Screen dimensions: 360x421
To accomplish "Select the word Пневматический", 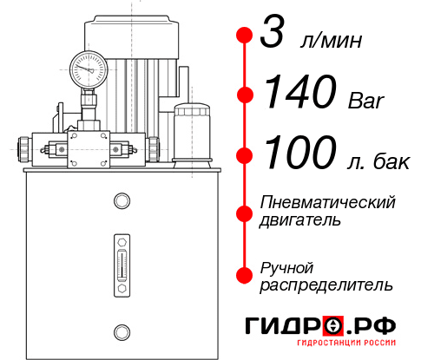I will pos(327,202).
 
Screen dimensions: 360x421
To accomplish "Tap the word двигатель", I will pos(299,220).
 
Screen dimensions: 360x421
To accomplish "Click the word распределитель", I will pos(326,285).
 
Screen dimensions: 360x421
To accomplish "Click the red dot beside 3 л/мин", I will pos(245,36).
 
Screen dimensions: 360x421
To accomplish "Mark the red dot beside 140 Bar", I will pos(245,95).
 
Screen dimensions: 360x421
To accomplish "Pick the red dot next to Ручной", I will pos(245,275).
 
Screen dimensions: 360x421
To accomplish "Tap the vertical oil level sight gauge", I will pos(121,261).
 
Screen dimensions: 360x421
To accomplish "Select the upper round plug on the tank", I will pos(121,201).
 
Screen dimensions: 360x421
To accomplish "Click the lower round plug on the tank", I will pos(121,330).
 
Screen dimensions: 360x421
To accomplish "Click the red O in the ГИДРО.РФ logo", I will pos(333,325).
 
